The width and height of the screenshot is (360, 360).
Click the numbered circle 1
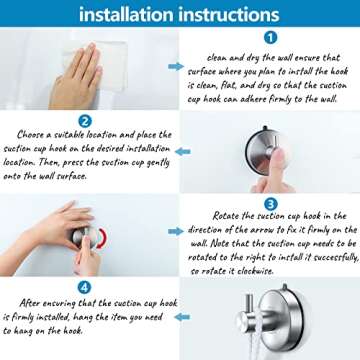[x=270, y=38]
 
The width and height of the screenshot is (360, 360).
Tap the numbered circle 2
[x=85, y=121]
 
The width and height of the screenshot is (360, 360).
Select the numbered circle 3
[x=270, y=203]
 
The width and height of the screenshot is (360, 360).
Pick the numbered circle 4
[x=84, y=287]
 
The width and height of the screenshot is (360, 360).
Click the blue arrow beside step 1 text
[x=176, y=67]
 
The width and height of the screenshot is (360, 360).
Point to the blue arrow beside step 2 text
[x=183, y=152]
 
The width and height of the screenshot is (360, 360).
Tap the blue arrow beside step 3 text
[x=176, y=231]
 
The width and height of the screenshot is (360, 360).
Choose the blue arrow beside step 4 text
[x=182, y=317]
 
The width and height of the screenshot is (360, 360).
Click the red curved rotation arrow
[x=104, y=238]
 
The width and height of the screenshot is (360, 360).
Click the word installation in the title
[x=125, y=14]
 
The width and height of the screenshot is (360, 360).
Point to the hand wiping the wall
[x=76, y=77]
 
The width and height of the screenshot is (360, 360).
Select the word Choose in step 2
[x=30, y=135]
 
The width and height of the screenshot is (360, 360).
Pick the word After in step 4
[x=31, y=303]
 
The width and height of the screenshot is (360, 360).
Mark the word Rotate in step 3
[x=226, y=216]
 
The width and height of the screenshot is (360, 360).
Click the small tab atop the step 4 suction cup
[x=284, y=286]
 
